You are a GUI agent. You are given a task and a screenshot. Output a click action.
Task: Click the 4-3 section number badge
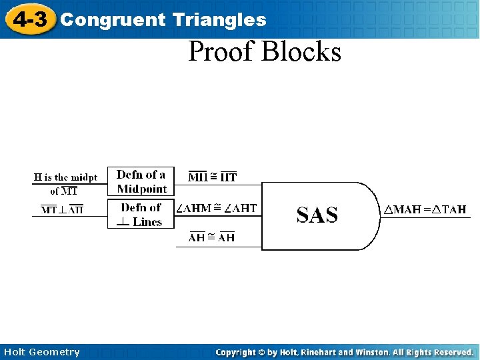tap(30, 19)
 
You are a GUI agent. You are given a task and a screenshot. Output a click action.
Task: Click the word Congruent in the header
tap(112, 20)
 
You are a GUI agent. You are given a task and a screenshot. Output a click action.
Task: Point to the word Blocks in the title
tap(302, 51)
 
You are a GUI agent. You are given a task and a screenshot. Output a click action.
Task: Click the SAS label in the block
tap(317, 215)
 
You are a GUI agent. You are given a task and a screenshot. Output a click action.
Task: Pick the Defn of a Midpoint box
tap(141, 182)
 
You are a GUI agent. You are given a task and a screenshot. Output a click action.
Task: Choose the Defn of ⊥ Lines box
tap(141, 215)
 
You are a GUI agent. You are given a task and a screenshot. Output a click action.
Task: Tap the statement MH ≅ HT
tap(213, 177)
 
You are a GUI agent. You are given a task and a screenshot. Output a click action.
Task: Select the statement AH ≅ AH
tap(212, 238)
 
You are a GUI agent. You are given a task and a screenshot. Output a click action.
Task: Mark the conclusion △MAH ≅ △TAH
tap(424, 210)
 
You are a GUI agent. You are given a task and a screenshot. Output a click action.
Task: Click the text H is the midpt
tap(65, 177)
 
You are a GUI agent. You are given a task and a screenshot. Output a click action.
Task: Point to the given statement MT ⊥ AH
tap(63, 210)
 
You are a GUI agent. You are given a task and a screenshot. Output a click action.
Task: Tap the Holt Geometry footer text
tap(41, 352)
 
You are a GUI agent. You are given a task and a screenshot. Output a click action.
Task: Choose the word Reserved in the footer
tap(452, 352)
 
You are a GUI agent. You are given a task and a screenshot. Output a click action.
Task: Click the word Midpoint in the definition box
tap(142, 189)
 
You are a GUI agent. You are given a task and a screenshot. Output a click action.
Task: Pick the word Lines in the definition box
tap(147, 222)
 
